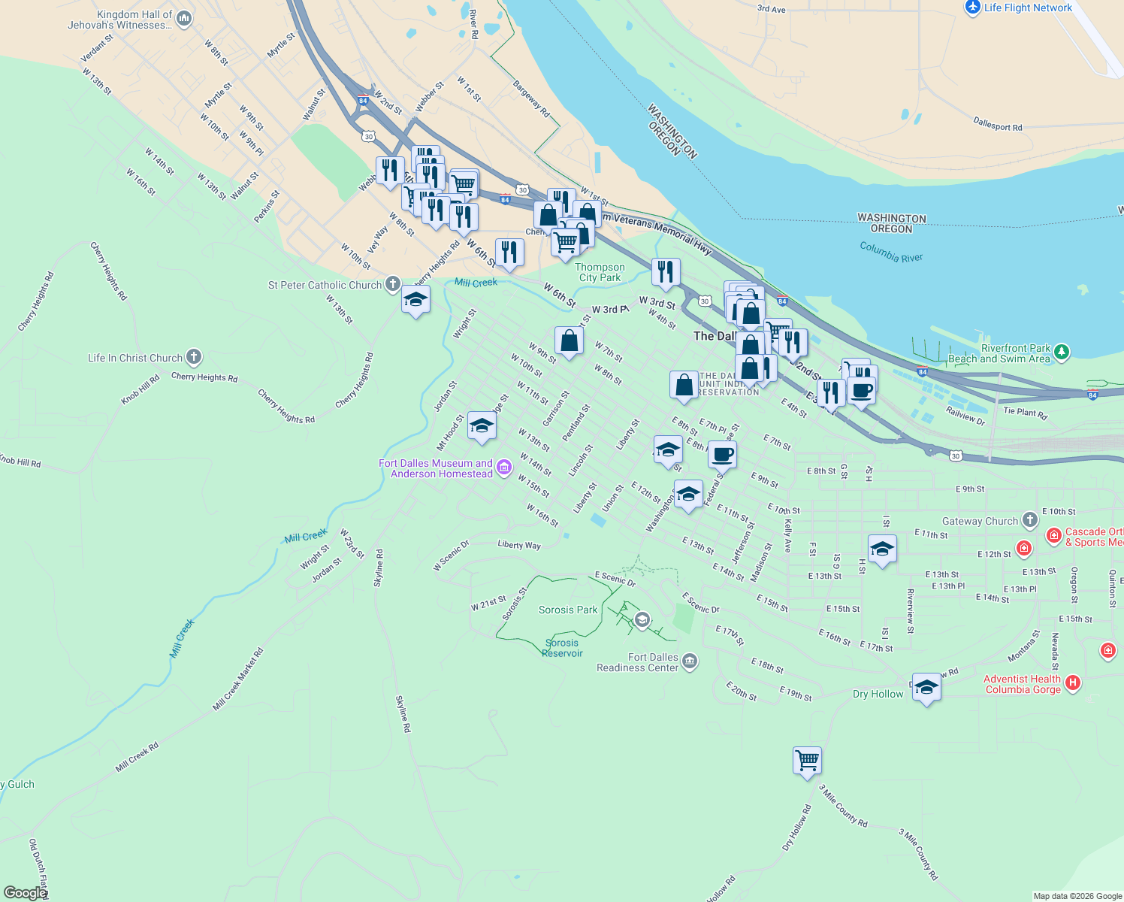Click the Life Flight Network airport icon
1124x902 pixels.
point(973,7)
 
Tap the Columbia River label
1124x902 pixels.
point(891,252)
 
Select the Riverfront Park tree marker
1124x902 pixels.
point(1061,351)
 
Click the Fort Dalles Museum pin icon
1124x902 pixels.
point(504,468)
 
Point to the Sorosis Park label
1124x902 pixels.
point(568,610)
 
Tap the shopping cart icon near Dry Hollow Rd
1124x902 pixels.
point(807,760)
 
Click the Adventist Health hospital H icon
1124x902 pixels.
point(1073,683)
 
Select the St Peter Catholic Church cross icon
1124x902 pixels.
point(392,283)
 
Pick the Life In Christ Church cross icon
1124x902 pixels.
point(193,356)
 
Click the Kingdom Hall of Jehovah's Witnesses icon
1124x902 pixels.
point(184,18)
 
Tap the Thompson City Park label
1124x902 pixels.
point(600,272)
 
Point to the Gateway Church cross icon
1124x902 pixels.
point(1029,519)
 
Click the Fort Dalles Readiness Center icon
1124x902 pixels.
point(690,661)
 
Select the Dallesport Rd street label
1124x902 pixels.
point(997,124)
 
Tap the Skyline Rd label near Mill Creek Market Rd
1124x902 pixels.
point(403,713)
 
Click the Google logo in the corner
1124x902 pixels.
point(25,893)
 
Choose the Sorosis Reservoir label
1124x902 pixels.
point(562,648)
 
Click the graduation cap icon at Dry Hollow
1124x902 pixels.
point(926,687)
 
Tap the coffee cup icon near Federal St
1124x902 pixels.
point(722,454)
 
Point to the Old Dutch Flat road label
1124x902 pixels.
point(38,868)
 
